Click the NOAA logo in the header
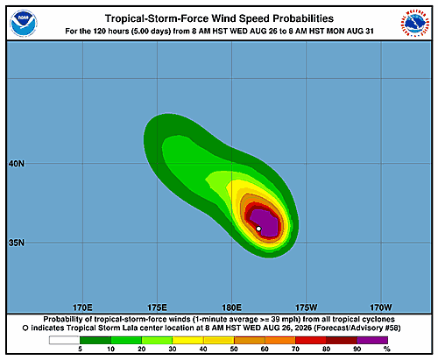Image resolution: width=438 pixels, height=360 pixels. click(x=24, y=24)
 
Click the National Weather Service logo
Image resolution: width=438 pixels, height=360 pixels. click(x=415, y=24)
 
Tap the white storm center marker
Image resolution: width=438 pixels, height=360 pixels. click(x=258, y=229)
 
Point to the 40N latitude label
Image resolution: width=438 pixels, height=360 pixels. click(x=17, y=164)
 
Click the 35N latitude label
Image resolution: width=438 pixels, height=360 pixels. click(x=17, y=243)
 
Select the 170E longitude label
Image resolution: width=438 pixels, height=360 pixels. click(x=82, y=307)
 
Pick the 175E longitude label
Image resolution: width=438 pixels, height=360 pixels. click(x=157, y=307)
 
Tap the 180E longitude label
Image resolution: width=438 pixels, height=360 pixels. click(x=231, y=307)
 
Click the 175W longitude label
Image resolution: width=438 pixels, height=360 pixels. click(x=307, y=307)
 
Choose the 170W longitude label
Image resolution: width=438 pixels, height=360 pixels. click(x=381, y=307)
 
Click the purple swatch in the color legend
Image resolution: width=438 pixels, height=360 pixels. click(x=372, y=340)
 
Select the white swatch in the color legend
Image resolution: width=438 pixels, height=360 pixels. click(x=65, y=340)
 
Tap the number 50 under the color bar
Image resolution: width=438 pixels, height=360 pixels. click(x=234, y=349)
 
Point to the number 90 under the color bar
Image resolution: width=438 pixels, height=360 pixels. click(x=357, y=349)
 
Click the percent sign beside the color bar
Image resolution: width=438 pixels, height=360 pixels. click(x=387, y=349)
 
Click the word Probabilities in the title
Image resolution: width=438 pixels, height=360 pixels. click(x=303, y=18)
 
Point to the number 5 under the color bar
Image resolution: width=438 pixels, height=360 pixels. click(x=80, y=349)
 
